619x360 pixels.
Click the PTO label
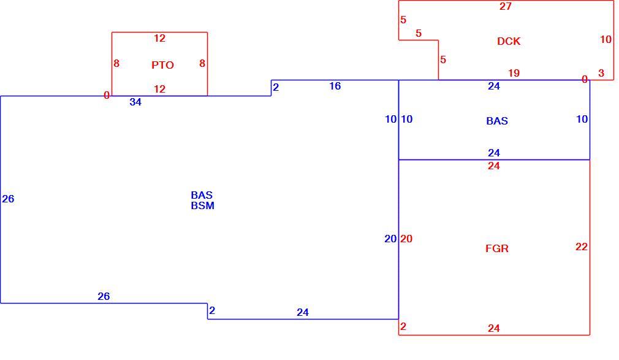click(x=162, y=65)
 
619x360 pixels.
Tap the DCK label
click(x=509, y=41)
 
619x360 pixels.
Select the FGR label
click(x=496, y=248)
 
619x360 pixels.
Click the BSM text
click(x=202, y=205)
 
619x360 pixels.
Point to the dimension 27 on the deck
click(x=505, y=6)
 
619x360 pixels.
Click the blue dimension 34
click(x=135, y=102)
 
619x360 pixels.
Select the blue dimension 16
click(x=335, y=86)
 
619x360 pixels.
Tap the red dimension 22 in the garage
click(x=582, y=247)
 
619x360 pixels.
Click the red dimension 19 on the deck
click(x=514, y=73)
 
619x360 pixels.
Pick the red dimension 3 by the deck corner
click(x=601, y=73)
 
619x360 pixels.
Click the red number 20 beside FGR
click(x=406, y=239)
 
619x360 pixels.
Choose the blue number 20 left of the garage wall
click(x=390, y=239)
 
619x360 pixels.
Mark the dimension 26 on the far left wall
click(x=8, y=199)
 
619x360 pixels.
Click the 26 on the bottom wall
click(x=104, y=296)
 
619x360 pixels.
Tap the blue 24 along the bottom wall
click(x=302, y=312)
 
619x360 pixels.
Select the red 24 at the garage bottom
click(x=493, y=328)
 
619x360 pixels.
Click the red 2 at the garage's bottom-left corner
click(x=403, y=326)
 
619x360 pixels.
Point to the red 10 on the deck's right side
click(x=606, y=39)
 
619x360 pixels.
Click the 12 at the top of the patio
click(x=159, y=39)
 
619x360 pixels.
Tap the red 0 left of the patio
click(x=107, y=95)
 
